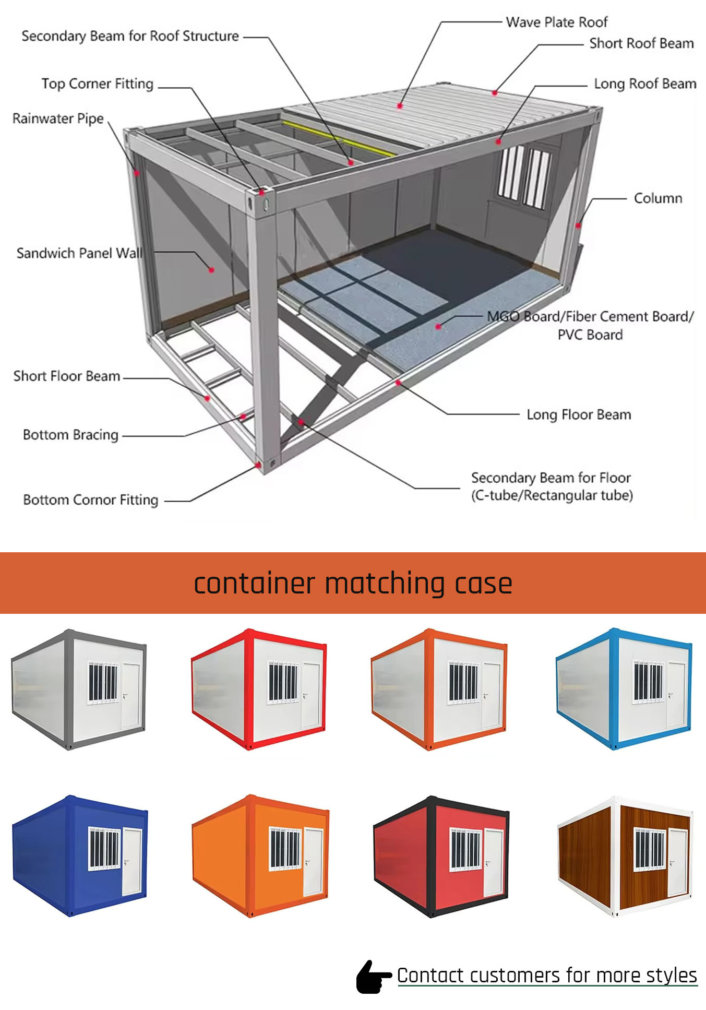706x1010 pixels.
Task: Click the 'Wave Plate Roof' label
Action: (557, 22)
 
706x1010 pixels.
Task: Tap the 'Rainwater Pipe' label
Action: (58, 118)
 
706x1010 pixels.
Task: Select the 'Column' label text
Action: (658, 198)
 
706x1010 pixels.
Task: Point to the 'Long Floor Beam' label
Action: (579, 414)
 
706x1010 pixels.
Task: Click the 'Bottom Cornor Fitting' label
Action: (91, 500)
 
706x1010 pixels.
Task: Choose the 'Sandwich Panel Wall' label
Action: (79, 253)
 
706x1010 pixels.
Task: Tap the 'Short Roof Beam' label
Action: (641, 43)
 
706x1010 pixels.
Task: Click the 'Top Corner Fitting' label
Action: (98, 84)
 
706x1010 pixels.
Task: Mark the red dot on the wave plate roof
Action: (400, 106)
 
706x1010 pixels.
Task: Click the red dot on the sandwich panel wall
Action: (211, 270)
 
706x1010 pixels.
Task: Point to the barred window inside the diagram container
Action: (523, 176)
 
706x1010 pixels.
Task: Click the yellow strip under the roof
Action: (339, 138)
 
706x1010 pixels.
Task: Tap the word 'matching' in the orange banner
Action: (385, 584)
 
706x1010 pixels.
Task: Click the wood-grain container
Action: (626, 856)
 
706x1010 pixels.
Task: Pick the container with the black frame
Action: (441, 856)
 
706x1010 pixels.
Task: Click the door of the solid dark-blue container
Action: (131, 861)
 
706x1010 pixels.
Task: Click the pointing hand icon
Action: (373, 977)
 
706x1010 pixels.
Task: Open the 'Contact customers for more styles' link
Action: (547, 976)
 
